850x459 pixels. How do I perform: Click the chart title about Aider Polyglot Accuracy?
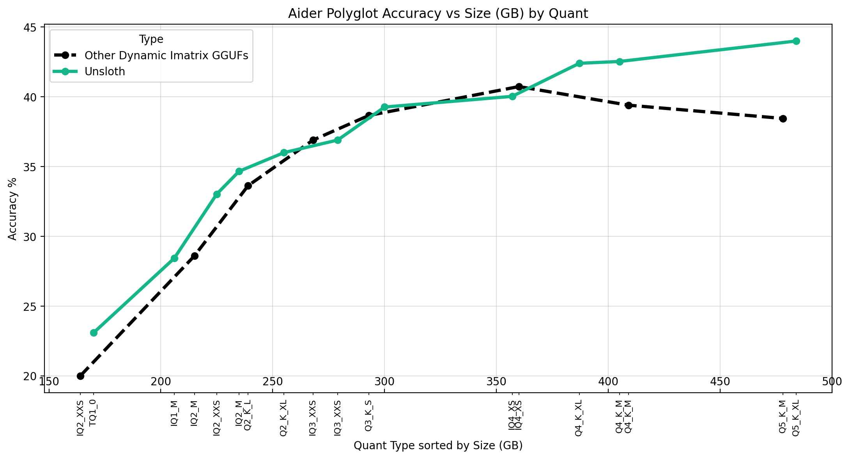(x=437, y=14)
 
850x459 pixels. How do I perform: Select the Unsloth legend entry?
(x=104, y=72)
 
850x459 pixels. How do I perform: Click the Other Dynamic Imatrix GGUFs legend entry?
(x=166, y=55)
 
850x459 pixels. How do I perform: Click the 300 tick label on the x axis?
(x=384, y=382)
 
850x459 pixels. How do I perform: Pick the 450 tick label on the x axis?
(x=720, y=382)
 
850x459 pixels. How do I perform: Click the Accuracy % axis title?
(x=13, y=209)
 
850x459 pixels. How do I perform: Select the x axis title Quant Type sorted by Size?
(x=437, y=446)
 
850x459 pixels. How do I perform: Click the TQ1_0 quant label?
(x=93, y=413)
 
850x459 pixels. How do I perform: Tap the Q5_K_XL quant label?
(x=796, y=418)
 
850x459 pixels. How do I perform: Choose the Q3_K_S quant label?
(x=368, y=416)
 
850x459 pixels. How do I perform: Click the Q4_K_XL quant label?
(x=579, y=418)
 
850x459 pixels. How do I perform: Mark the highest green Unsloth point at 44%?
(x=796, y=41)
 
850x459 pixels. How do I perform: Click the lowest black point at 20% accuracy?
(x=80, y=376)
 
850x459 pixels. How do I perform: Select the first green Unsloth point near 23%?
(x=94, y=333)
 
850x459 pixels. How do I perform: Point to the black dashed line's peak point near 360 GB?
(x=519, y=87)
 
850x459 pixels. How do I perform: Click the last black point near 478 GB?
(x=783, y=119)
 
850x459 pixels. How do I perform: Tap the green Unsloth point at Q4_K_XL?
(x=579, y=63)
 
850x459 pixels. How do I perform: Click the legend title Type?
(x=151, y=39)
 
